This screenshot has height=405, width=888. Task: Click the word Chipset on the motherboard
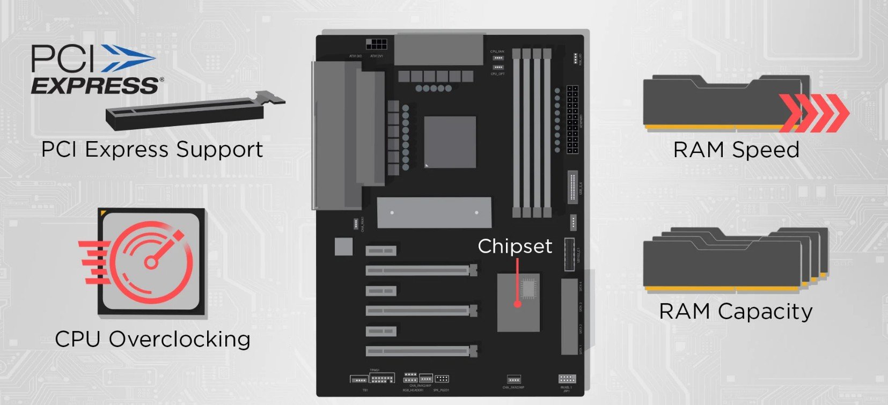click(515, 246)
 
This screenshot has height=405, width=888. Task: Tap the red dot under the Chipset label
click(517, 304)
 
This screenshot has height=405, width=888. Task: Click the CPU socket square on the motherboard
click(450, 142)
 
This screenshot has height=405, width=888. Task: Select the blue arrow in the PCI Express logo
click(128, 58)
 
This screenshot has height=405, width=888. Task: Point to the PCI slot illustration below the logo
click(193, 111)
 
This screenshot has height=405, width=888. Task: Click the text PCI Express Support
click(152, 150)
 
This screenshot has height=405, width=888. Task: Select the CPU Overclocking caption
click(152, 339)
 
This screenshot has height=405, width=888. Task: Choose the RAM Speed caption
click(736, 150)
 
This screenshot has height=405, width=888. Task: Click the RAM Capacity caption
click(736, 312)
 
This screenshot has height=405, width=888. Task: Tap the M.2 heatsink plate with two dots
click(434, 212)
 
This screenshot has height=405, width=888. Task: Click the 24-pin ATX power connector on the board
click(573, 119)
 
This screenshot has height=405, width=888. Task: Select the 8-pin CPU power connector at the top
click(377, 44)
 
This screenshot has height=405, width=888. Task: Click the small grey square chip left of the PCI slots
click(343, 246)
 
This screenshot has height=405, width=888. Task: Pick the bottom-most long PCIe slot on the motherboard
click(421, 351)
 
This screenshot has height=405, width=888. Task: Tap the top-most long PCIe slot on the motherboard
click(421, 270)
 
